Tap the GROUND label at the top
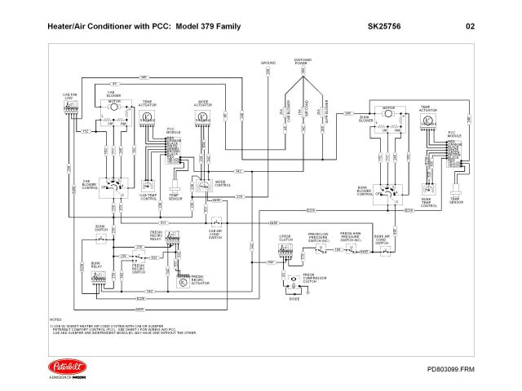coord(268,62)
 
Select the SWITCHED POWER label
coord(303,63)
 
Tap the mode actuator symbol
coord(203,117)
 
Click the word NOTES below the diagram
coord(55,319)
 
